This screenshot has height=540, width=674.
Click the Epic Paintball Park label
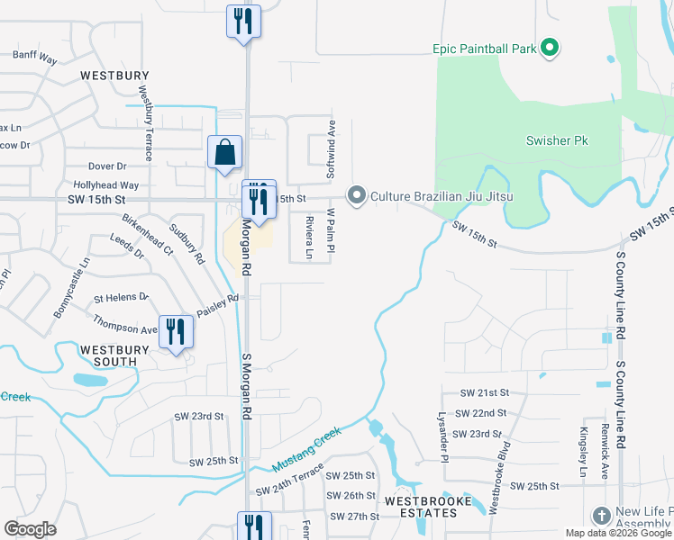point(484,47)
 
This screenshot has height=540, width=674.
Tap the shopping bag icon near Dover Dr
point(224,153)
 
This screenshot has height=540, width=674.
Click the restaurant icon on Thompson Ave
point(175,332)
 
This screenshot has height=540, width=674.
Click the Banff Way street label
point(35,56)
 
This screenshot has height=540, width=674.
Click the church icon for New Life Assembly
point(601,515)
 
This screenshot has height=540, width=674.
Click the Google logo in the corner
point(31,529)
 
